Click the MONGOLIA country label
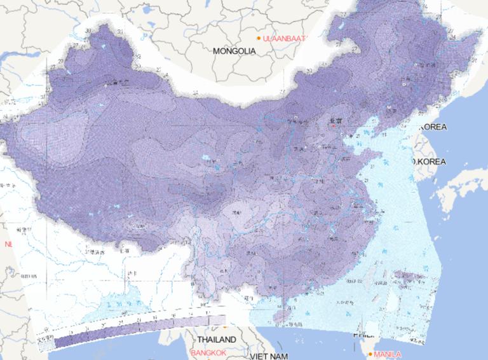point(234,51)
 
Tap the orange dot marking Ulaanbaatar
point(259,38)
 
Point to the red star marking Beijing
point(332,126)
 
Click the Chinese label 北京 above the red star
point(334,120)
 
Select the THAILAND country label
point(216,340)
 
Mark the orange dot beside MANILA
point(370,354)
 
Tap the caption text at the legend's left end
point(45,339)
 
